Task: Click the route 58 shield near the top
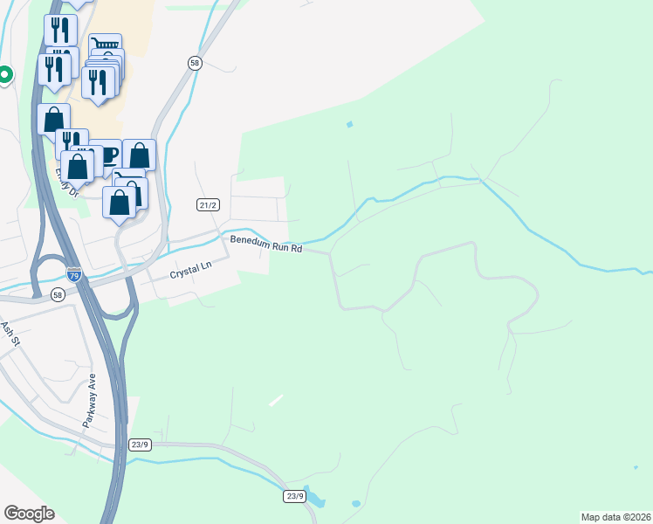coord(195,62)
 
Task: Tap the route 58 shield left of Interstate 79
coord(57,294)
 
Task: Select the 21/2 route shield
coord(207,205)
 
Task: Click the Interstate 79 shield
coord(74,274)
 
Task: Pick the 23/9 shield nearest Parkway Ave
coord(140,445)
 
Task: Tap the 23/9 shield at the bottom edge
coord(294,496)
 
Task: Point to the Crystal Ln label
coord(191,272)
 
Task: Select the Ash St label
coord(10,332)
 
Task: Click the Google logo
coord(29,514)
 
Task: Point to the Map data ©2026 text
coord(615,516)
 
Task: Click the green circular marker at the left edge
coord(3,75)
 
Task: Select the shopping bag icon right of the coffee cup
coord(139,155)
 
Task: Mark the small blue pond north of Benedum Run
coord(350,124)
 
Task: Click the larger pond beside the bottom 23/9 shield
coord(317,501)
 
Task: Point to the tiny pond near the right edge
coord(635,467)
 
